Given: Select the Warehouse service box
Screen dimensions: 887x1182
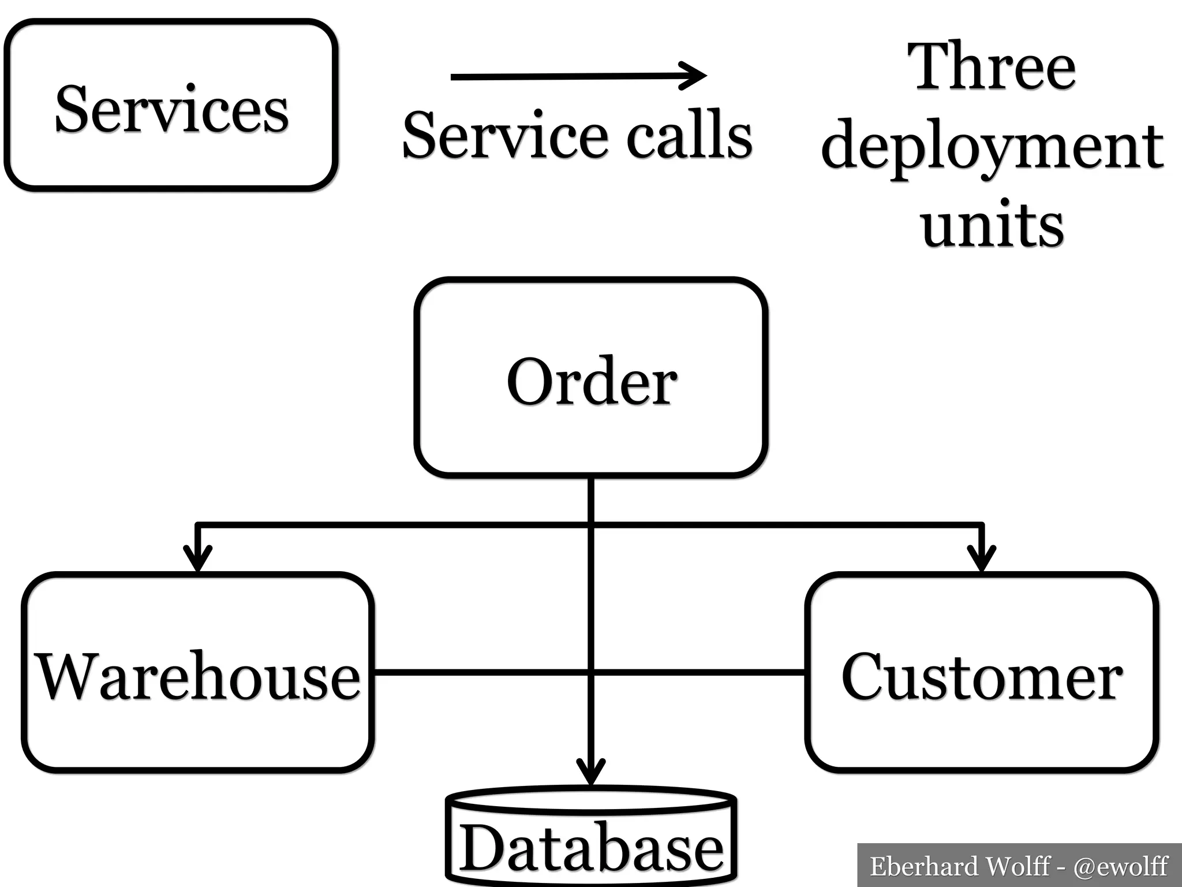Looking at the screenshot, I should coord(197,728).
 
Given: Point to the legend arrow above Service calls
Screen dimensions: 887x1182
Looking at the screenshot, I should coord(577,76).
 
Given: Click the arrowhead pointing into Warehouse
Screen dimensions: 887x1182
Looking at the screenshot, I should coord(197,558).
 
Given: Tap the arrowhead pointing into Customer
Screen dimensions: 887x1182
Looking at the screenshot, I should coord(981,558).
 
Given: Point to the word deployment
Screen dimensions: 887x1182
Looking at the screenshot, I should coord(992,147).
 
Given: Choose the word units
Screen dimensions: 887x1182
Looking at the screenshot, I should coord(992,225).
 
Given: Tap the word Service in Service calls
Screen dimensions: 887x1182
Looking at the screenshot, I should coord(505,136).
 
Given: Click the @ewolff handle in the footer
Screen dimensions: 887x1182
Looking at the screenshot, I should coord(1120,866).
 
